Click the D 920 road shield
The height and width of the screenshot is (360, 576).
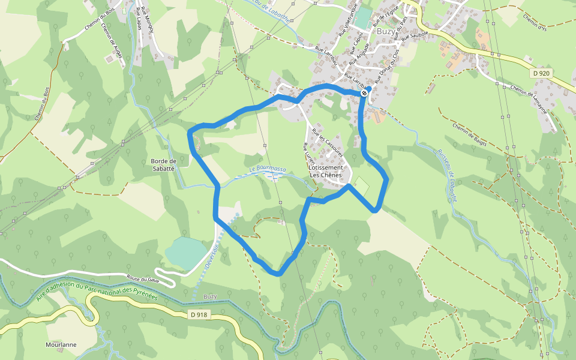[541, 73]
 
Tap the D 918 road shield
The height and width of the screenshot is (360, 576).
[199, 314]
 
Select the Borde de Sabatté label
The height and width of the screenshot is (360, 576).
[163, 165]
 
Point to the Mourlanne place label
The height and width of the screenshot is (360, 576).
[61, 345]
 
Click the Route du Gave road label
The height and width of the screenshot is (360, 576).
[143, 279]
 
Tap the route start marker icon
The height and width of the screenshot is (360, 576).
[364, 93]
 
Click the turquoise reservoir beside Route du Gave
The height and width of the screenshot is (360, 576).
[187, 253]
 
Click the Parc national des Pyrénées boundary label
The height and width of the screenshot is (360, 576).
[96, 292]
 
